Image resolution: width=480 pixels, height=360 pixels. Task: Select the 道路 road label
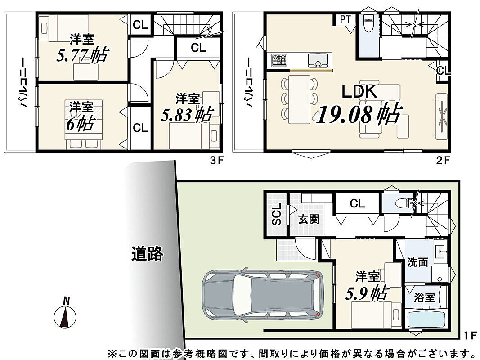tap(148, 253)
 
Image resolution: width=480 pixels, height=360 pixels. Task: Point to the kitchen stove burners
tap(279, 60)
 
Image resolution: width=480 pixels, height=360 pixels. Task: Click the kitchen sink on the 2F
tap(318, 60)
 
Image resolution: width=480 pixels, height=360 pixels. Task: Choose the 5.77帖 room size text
tap(82, 55)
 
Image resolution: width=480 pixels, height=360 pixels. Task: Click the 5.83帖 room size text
tap(186, 115)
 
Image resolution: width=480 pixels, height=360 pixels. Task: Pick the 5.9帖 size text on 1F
tap(367, 293)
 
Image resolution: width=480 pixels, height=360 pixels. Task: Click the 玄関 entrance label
tap(309, 219)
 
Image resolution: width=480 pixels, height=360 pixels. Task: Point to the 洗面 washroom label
tap(417, 262)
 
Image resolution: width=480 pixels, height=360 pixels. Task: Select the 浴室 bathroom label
tap(424, 297)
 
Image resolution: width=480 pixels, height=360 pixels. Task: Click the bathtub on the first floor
tap(426, 320)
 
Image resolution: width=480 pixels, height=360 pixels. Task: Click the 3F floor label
tap(217, 161)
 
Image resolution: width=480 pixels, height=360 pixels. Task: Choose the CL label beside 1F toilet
tap(357, 203)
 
